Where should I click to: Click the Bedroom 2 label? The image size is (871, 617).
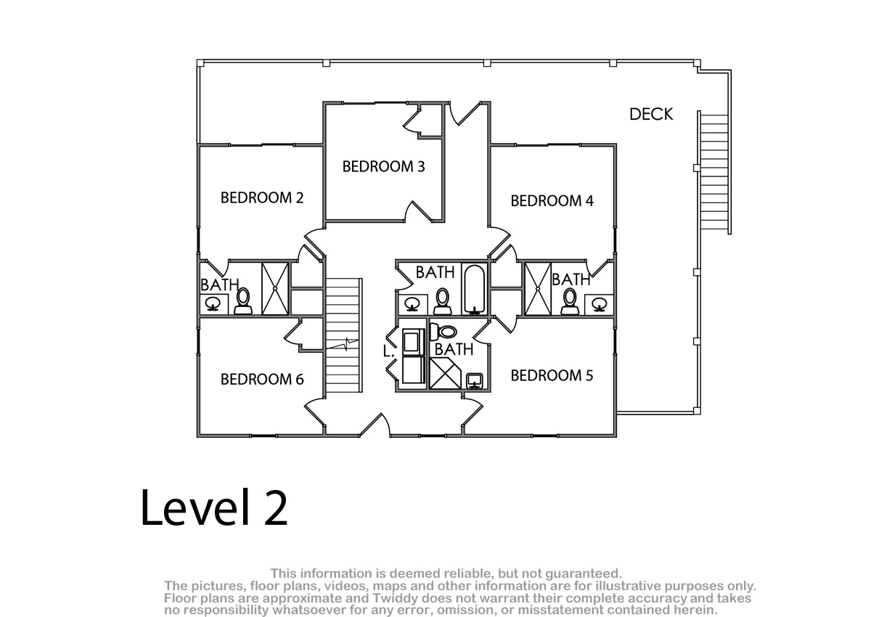(x=262, y=198)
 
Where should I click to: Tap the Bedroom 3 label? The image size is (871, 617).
(x=383, y=166)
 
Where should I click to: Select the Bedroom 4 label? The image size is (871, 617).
(x=552, y=201)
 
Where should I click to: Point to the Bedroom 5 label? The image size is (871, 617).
(x=552, y=375)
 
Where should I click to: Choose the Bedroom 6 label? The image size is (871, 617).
(x=262, y=380)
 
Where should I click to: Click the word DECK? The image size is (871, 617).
(x=651, y=114)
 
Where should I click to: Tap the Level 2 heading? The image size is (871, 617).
(x=214, y=507)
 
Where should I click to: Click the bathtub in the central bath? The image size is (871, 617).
(x=475, y=289)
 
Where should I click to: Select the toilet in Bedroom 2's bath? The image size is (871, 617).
(x=243, y=301)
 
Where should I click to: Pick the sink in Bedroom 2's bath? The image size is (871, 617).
(x=213, y=303)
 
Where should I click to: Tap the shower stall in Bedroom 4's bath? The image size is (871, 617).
(x=538, y=289)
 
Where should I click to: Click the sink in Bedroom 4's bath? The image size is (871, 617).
(x=599, y=303)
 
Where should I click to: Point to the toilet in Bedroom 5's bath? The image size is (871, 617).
(x=443, y=332)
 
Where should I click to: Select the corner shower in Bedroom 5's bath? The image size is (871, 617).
(x=445, y=373)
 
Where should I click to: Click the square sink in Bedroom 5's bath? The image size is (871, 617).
(x=475, y=380)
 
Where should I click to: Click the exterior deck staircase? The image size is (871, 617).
(x=715, y=173)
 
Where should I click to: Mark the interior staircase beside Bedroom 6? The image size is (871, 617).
(x=343, y=335)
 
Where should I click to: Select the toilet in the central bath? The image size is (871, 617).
(x=442, y=301)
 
